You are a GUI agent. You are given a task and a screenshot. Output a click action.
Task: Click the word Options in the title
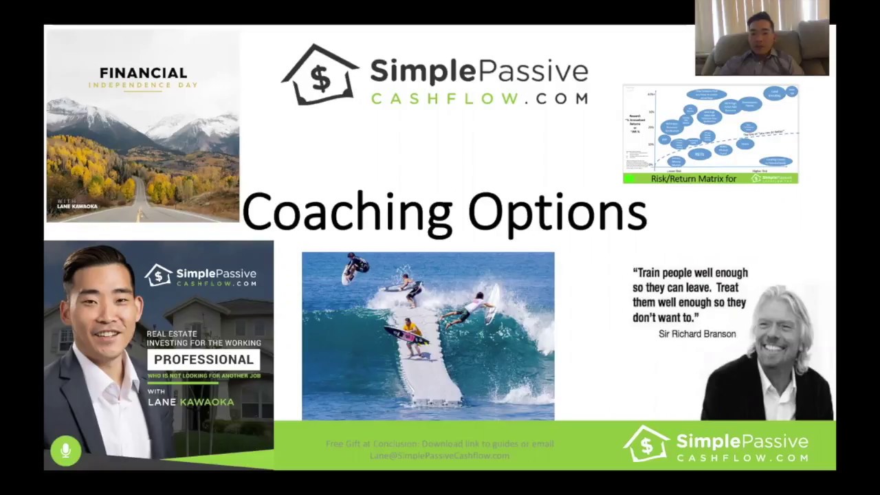(557, 212)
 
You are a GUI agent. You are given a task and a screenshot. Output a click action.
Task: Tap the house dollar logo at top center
(320, 76)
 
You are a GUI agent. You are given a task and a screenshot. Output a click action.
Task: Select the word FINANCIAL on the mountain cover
(143, 73)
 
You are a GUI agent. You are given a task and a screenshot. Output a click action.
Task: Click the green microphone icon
(65, 451)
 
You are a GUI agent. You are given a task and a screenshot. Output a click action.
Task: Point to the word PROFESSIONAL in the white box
(203, 360)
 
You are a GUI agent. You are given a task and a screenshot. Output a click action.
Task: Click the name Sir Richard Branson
(697, 334)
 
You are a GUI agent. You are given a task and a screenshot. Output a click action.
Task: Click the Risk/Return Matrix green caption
(693, 179)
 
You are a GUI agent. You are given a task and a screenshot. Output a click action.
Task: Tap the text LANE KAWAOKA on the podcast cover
(190, 402)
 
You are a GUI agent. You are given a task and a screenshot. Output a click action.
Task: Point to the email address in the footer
(439, 456)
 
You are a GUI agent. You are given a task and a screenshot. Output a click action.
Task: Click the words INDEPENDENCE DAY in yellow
(143, 85)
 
